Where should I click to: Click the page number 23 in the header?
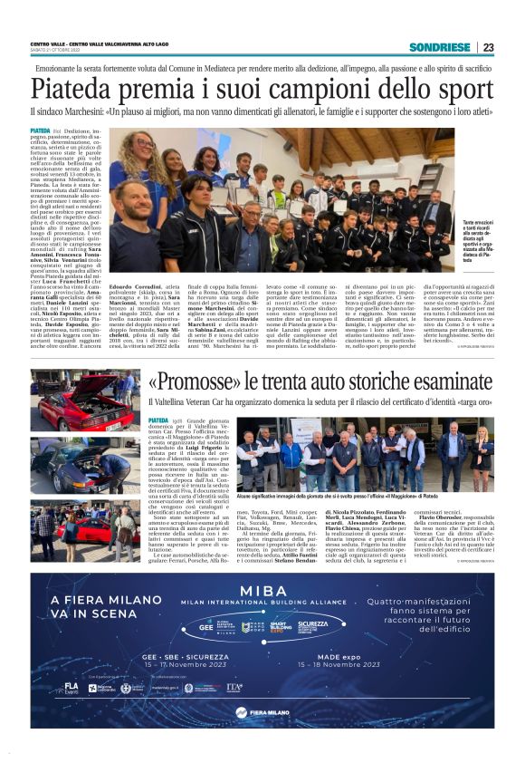click(x=487, y=47)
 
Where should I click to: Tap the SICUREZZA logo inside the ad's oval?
click(x=313, y=624)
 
